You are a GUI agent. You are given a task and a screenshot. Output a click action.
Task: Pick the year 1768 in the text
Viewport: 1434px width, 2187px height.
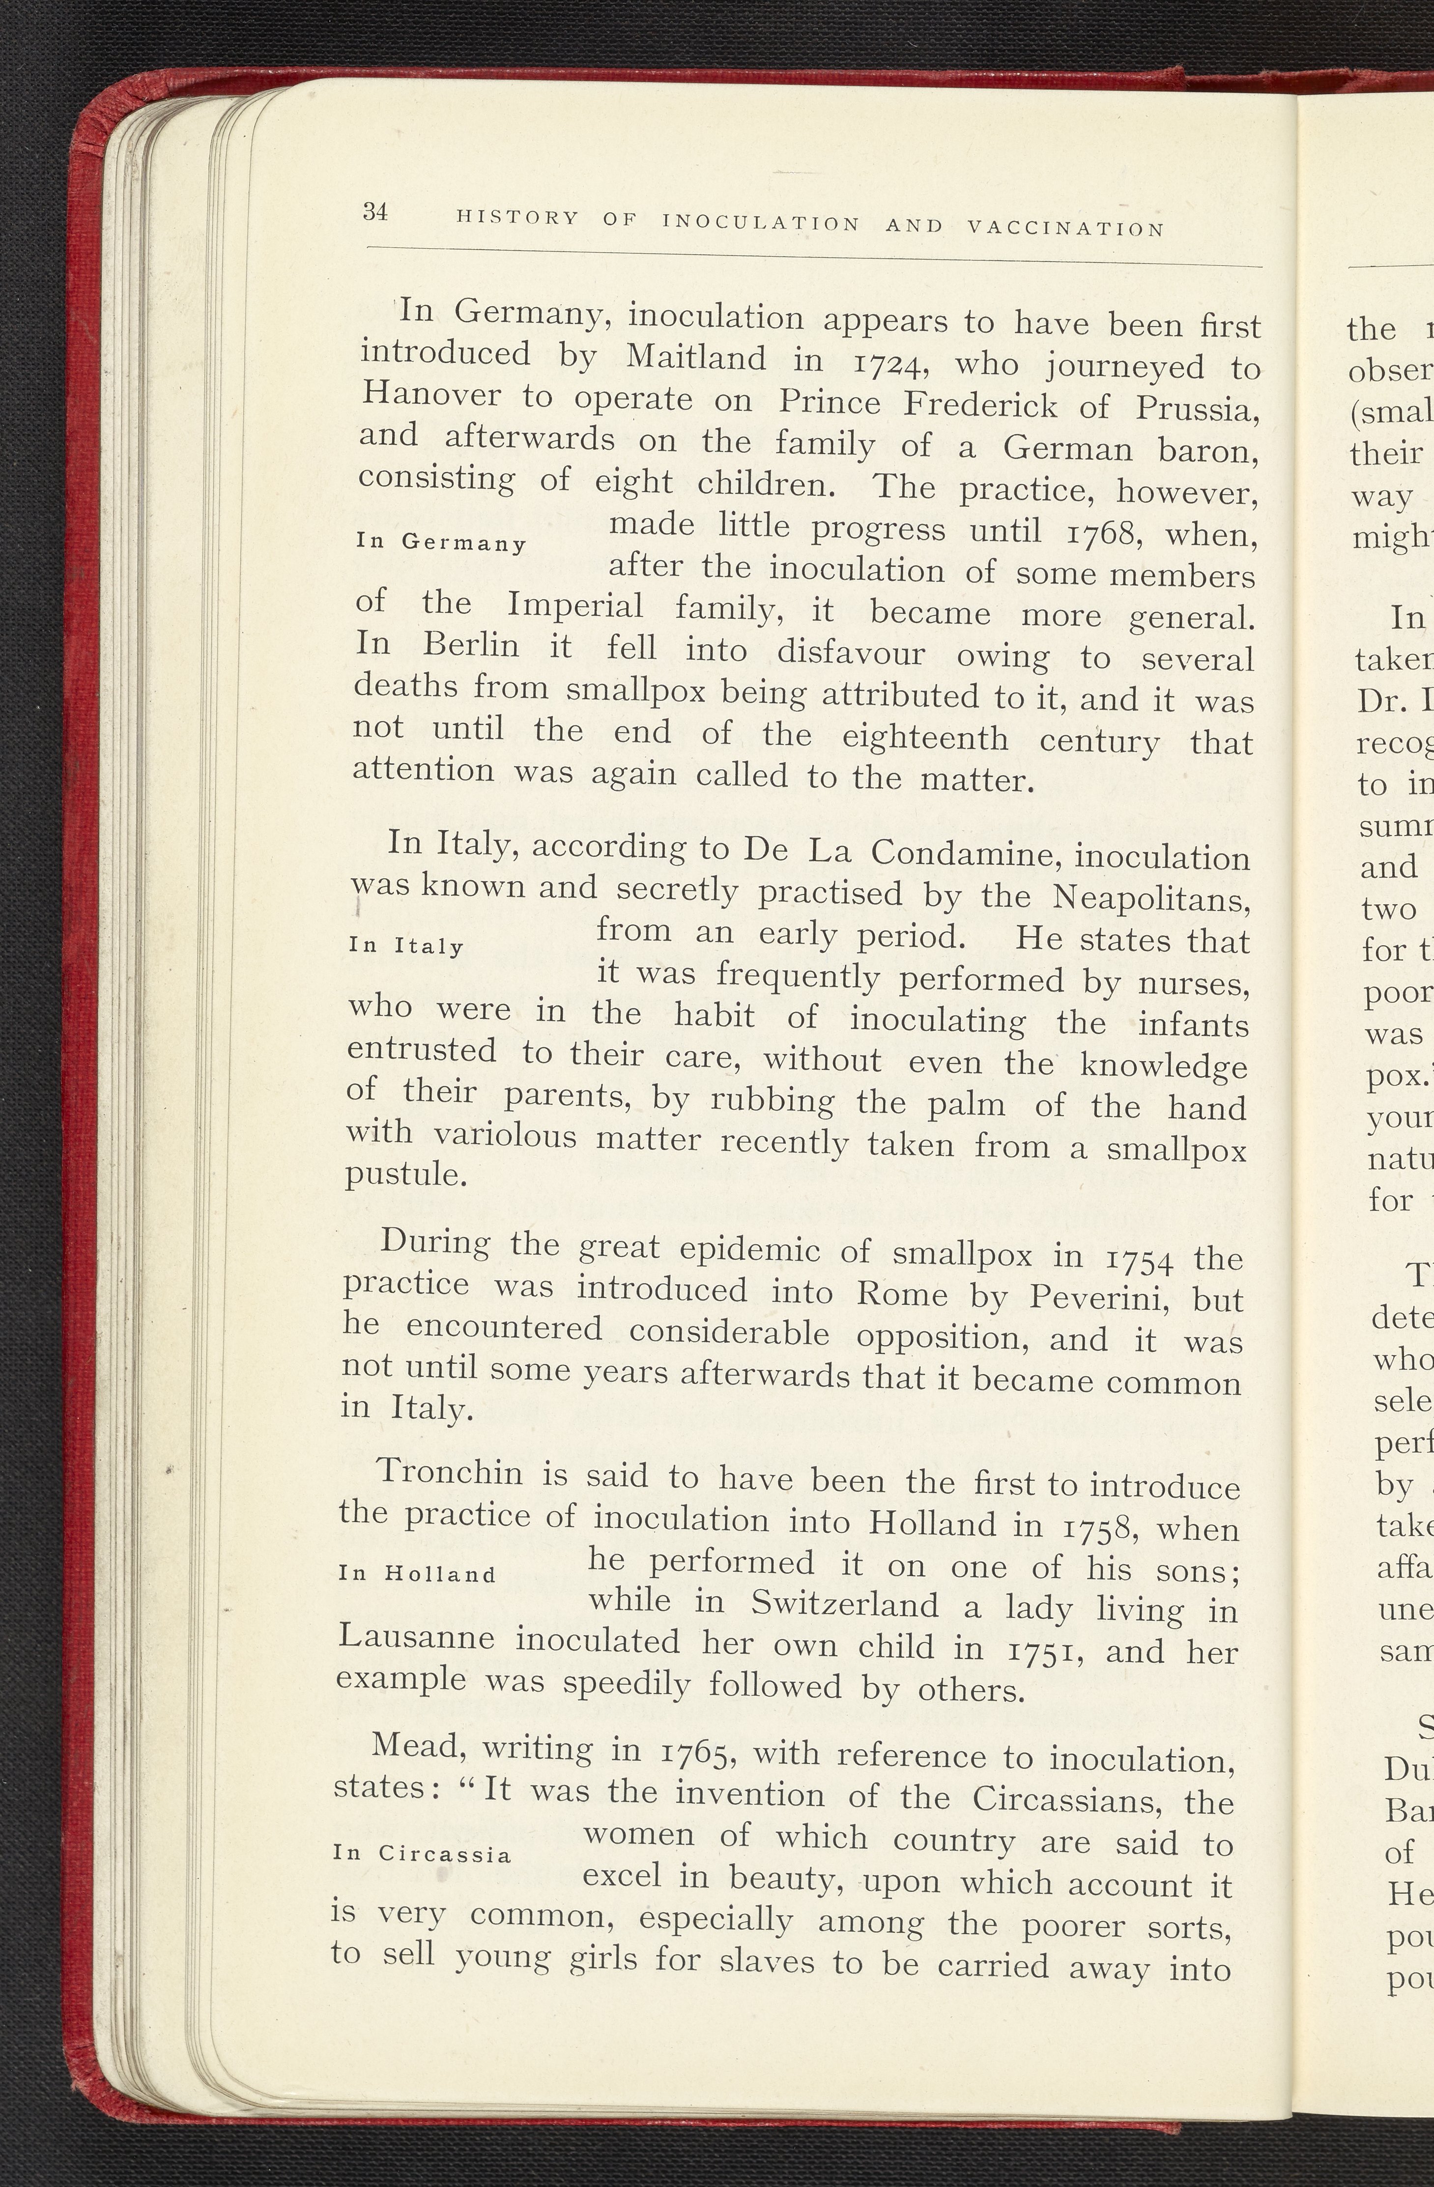[x=1100, y=532]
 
